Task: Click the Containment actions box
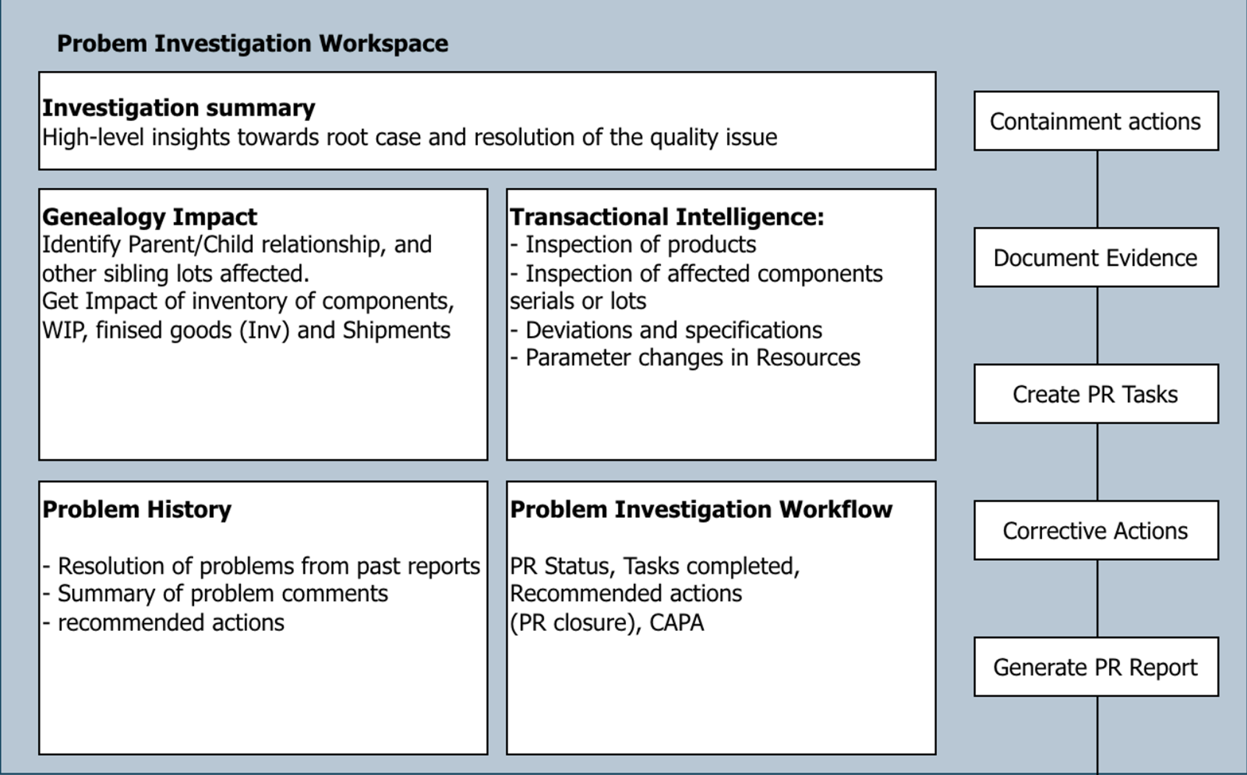[1096, 121]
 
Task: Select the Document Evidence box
[1096, 257]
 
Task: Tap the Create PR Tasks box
[1096, 394]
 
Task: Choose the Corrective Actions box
[1096, 530]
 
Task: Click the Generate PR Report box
[1096, 667]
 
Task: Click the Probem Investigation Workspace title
[253, 44]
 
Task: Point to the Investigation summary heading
[179, 108]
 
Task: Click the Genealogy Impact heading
[150, 217]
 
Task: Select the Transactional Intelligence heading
[667, 217]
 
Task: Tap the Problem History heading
[137, 509]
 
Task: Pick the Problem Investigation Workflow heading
[701, 509]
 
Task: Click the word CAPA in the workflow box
[676, 623]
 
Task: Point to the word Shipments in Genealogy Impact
[396, 331]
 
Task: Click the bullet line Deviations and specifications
[666, 331]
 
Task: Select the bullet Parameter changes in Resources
[685, 358]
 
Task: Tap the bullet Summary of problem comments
[215, 594]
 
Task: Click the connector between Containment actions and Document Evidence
[1097, 189]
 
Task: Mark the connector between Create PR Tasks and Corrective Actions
[1097, 462]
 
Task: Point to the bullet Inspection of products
[633, 245]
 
